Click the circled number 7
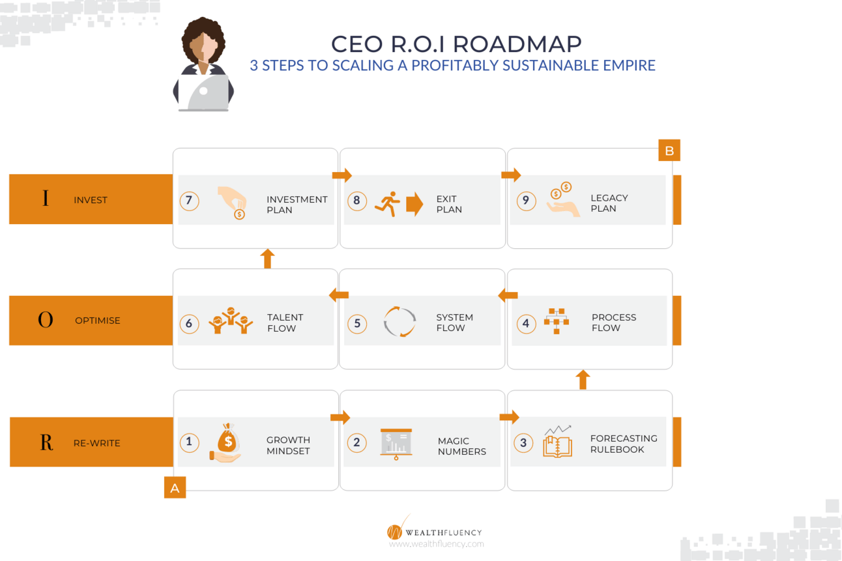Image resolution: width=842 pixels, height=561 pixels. (189, 200)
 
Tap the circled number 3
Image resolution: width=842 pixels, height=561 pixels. (523, 443)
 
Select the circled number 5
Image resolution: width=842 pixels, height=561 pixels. (356, 323)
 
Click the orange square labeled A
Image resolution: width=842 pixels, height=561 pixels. (175, 488)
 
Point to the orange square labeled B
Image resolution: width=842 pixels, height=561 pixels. (669, 151)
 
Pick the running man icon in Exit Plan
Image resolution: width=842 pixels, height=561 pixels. (387, 205)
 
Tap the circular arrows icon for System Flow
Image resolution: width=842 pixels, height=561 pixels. (399, 322)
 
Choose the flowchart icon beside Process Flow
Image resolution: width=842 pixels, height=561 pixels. (557, 321)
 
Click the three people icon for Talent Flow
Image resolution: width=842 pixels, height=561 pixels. (231, 321)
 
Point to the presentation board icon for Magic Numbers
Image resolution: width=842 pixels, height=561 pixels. (396, 444)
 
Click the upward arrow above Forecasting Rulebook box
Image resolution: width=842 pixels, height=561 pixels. (583, 380)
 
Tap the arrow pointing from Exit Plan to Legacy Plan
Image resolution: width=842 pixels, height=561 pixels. (511, 175)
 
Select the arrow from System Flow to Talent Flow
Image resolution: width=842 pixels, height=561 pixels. (339, 295)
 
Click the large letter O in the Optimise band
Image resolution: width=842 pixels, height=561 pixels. (46, 320)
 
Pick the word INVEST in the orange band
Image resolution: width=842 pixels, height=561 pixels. (91, 200)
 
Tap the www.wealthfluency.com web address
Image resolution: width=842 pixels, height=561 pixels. (436, 544)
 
